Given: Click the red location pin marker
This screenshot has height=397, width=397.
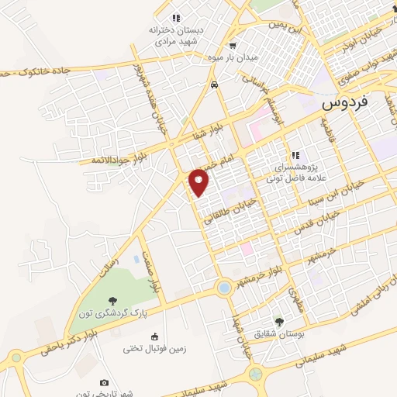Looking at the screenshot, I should tap(199, 181).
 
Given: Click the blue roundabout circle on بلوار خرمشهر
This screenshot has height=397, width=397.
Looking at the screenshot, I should tap(224, 288).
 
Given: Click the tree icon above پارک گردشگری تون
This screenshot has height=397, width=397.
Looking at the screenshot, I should tap(113, 299).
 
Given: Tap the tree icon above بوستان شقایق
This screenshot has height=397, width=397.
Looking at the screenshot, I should tap(279, 320).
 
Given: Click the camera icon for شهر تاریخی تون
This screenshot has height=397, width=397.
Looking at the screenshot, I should tap(105, 382).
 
